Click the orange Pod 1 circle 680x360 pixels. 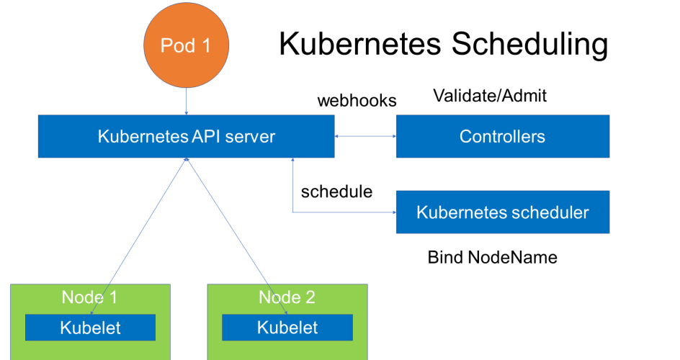point(187,45)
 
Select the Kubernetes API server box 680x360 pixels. point(186,137)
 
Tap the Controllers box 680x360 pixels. point(503,137)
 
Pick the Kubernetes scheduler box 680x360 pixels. point(503,212)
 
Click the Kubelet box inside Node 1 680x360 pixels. point(90,328)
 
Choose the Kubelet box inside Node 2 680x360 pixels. point(287,328)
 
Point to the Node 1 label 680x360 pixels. point(89,297)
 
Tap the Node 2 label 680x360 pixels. point(287,297)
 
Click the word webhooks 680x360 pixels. point(357,101)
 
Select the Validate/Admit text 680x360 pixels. point(490,96)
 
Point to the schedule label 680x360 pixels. point(336,192)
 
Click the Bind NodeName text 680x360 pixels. point(492,257)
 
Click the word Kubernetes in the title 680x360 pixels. point(360,44)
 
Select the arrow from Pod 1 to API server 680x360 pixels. point(186,102)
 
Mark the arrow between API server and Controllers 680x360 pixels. point(365,137)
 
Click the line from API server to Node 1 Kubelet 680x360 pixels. point(138,236)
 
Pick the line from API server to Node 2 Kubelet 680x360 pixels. point(237,236)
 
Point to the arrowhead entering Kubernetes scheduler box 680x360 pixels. point(394,212)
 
